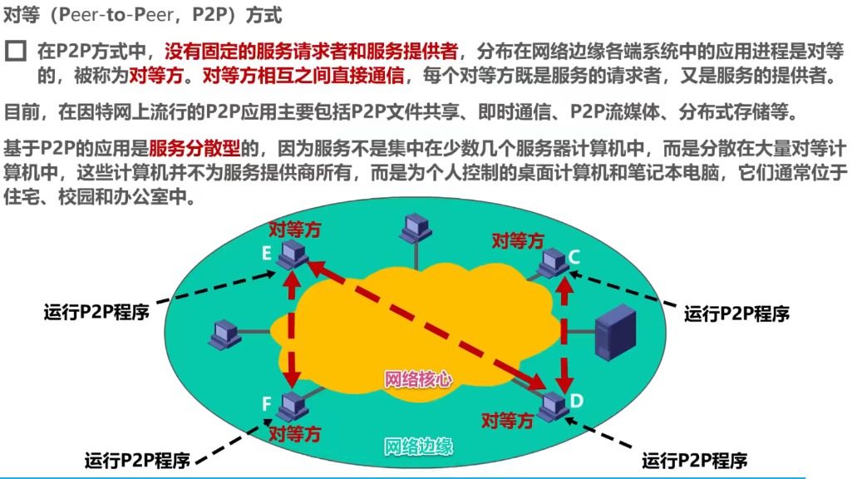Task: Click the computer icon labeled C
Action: pos(552,263)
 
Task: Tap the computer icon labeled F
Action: pos(292,404)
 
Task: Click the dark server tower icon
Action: pos(615,332)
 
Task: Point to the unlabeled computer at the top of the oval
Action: pos(414,226)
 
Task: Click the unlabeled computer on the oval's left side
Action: pos(224,333)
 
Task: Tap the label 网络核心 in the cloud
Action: pos(419,379)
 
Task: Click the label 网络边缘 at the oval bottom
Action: pos(419,446)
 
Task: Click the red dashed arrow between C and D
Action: pos(566,333)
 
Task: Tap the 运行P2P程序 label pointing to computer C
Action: pos(736,314)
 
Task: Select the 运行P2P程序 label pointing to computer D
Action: pos(694,460)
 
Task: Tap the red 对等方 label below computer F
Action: pos(295,432)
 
